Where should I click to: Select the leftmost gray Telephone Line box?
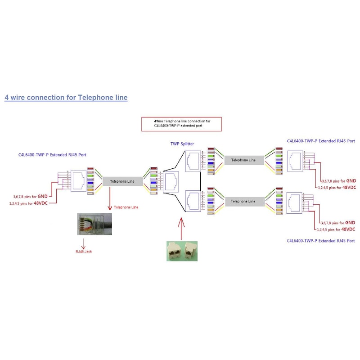click(x=122, y=181)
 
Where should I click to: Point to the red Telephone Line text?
click(x=126, y=207)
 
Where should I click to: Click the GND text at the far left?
click(x=43, y=196)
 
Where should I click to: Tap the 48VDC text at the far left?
click(x=40, y=202)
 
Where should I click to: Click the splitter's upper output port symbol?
click(x=193, y=161)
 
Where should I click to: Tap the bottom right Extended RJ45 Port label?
click(x=321, y=241)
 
